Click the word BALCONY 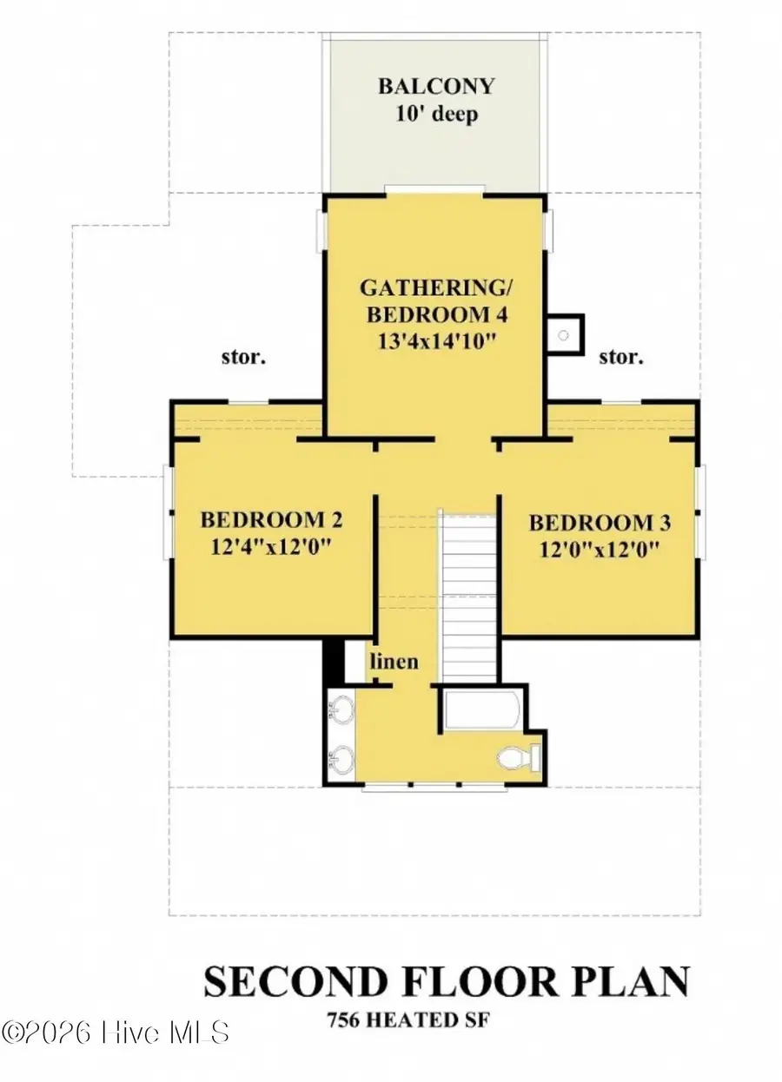click(x=436, y=87)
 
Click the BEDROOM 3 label click(x=600, y=523)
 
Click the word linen click(x=394, y=662)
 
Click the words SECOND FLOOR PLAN click(x=447, y=982)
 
